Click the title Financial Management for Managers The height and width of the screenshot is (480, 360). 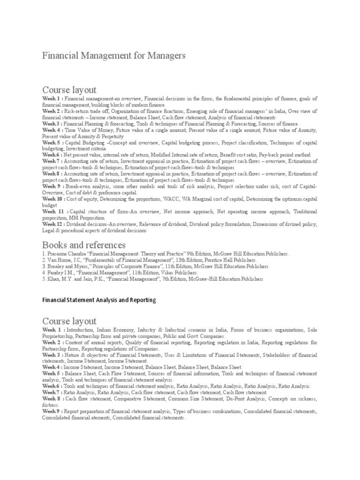click(114, 55)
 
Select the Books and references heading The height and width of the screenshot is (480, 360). click(84, 245)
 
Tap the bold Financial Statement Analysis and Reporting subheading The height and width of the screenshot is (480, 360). click(99, 300)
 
